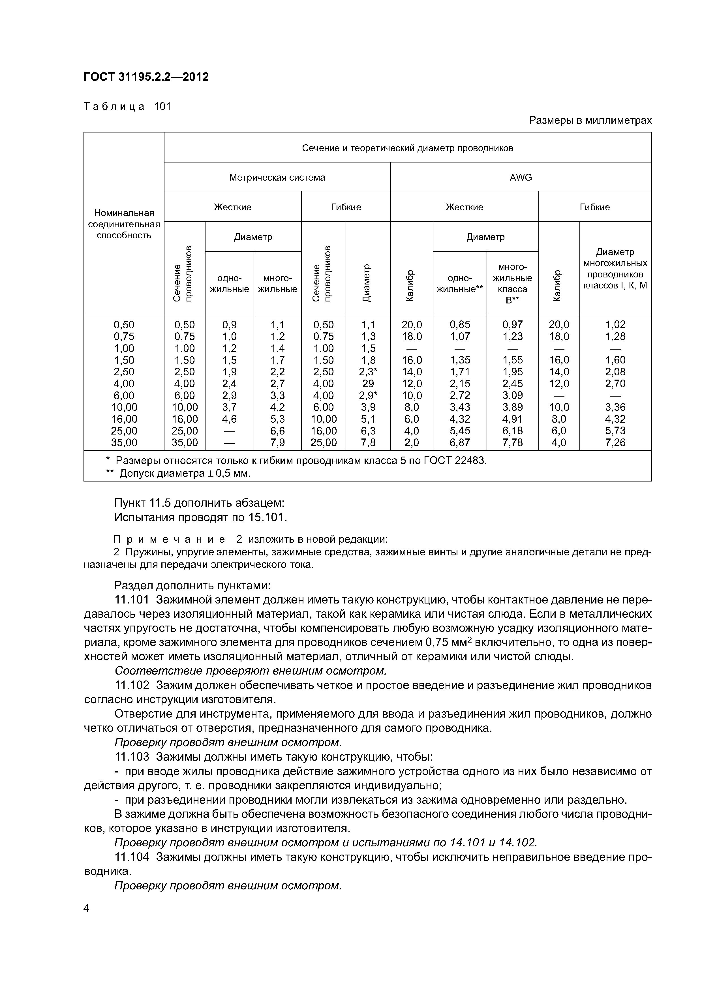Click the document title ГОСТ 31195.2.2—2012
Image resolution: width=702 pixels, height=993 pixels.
pyautogui.click(x=146, y=77)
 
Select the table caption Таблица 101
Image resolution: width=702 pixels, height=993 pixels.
pyautogui.click(x=127, y=106)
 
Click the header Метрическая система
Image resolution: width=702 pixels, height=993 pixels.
pyautogui.click(x=277, y=177)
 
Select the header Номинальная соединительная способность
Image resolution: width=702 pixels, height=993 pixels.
pyautogui.click(x=124, y=224)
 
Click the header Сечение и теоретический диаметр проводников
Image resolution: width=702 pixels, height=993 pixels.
pyautogui.click(x=407, y=148)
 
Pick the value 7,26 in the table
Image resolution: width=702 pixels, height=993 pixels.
pyautogui.click(x=615, y=442)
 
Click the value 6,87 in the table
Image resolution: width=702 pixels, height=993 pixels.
pyautogui.click(x=459, y=442)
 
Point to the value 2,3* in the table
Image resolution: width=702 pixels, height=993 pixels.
pyautogui.click(x=368, y=371)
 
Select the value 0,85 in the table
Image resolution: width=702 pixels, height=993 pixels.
pyautogui.click(x=459, y=324)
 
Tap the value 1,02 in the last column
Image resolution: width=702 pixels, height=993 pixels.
pyautogui.click(x=615, y=324)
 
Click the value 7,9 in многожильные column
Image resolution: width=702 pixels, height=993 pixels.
pyautogui.click(x=277, y=442)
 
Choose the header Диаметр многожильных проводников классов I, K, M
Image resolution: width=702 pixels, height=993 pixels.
pyautogui.click(x=615, y=269)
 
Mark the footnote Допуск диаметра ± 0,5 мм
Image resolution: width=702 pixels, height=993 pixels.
pyautogui.click(x=178, y=474)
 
